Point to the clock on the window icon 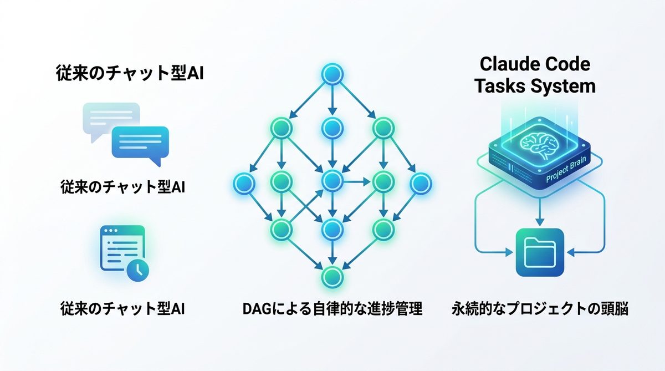[x=136, y=270]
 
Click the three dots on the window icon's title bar [x=109, y=230]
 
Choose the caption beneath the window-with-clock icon [x=122, y=309]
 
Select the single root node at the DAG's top [x=331, y=74]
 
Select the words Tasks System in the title [x=535, y=86]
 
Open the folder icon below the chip [x=540, y=252]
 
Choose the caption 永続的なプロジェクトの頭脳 [x=540, y=309]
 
